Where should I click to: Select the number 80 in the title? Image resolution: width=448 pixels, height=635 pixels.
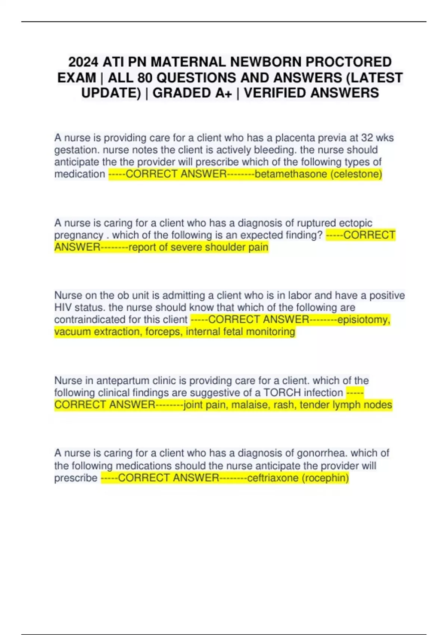[145, 78]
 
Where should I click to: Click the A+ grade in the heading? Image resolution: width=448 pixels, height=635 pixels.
[224, 93]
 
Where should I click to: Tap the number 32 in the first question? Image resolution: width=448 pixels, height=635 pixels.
[367, 138]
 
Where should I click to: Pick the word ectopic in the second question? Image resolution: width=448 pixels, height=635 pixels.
[355, 223]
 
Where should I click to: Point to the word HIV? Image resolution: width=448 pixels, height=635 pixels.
[63, 307]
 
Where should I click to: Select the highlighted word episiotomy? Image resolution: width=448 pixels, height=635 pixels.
[364, 320]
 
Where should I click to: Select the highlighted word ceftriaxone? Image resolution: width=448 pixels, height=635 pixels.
[273, 478]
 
